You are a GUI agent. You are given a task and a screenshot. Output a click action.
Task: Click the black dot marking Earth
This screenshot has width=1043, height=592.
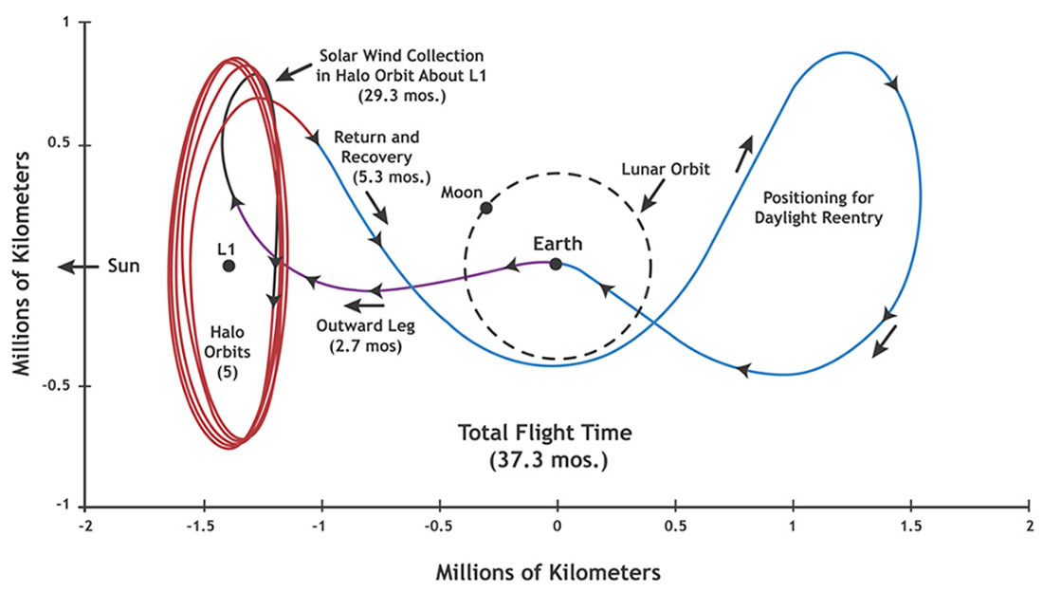556,265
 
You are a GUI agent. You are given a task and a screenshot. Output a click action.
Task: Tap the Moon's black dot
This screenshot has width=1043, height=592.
486,209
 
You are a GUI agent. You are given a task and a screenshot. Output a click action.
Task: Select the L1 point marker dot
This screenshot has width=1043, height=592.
229,266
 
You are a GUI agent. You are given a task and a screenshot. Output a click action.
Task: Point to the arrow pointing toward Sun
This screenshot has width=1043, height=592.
78,267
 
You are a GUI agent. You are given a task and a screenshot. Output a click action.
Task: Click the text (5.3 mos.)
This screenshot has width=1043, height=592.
391,177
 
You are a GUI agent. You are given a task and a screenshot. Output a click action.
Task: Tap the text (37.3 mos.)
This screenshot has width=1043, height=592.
544,462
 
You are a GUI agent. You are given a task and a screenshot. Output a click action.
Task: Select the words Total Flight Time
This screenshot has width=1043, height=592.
544,434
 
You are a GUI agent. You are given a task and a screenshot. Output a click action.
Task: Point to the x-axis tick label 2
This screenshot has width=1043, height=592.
1029,527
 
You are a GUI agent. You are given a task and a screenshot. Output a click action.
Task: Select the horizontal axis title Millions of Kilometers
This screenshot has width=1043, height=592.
547,573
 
